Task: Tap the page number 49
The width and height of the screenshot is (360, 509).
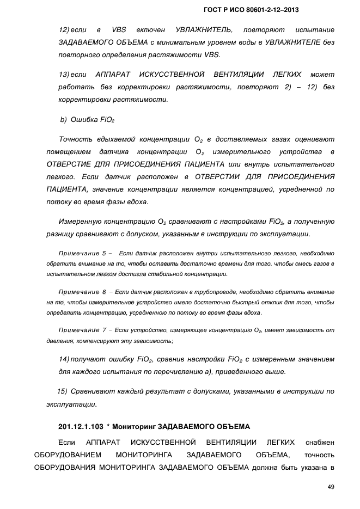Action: (330, 486)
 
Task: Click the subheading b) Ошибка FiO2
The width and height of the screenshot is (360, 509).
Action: (87, 119)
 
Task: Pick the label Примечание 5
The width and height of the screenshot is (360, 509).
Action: (82, 253)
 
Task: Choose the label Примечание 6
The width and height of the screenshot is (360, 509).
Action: (82, 292)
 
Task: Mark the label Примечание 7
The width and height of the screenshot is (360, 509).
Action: (82, 330)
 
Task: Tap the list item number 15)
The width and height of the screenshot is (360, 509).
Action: (62, 391)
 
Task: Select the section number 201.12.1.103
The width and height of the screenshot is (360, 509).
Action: (80, 426)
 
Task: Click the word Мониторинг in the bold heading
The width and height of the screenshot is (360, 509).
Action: (136, 426)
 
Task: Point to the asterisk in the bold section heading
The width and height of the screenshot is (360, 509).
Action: (109, 426)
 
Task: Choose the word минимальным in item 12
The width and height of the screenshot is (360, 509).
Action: (181, 42)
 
